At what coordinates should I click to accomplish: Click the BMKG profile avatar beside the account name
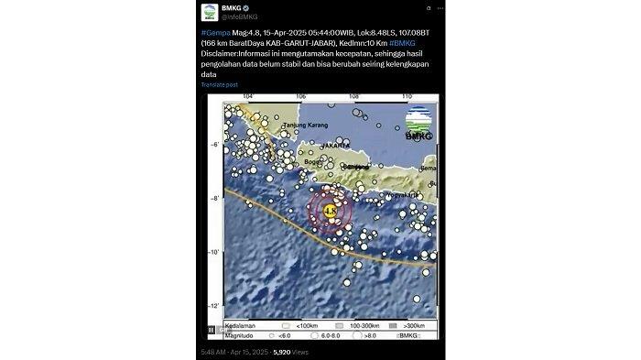(209, 13)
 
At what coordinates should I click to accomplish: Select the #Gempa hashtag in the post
(212, 33)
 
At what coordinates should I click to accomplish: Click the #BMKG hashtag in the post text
(403, 43)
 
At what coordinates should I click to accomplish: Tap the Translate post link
(221, 85)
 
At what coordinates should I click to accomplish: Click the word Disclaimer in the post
(221, 53)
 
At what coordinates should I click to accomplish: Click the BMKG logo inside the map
(419, 123)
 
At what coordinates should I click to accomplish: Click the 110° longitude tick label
(406, 96)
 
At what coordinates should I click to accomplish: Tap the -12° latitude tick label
(213, 306)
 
